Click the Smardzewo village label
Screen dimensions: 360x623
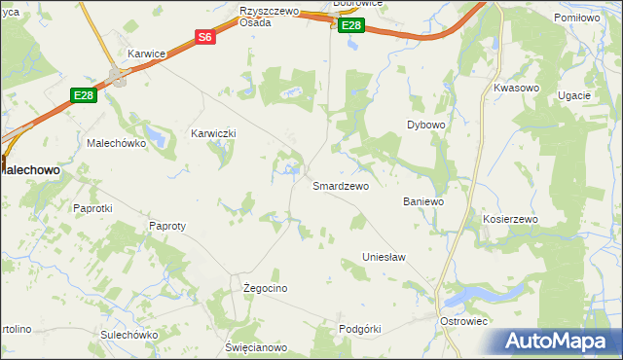[x=340, y=186]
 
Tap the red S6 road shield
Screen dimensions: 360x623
[x=204, y=37]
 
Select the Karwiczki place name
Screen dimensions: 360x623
[x=214, y=133]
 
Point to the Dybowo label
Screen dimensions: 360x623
[x=425, y=126]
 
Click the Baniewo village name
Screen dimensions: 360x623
[x=423, y=201]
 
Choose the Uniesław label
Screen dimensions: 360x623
[x=384, y=257]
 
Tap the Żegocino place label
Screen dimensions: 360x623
[x=265, y=289]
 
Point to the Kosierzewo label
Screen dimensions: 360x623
[x=510, y=220]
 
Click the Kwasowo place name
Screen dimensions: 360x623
[x=516, y=88]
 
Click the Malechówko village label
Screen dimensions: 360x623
[x=116, y=143]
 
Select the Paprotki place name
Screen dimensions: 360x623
[x=93, y=208]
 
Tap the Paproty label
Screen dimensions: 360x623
[x=166, y=226]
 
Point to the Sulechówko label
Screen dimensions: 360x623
[x=128, y=335]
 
